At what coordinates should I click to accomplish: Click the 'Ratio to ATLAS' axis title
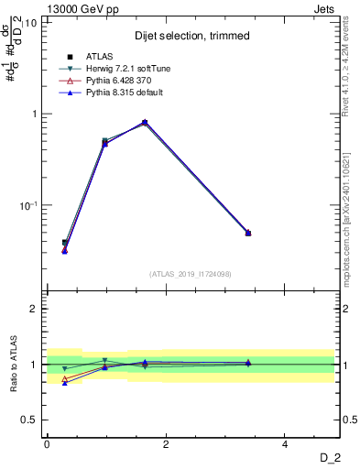point(13,364)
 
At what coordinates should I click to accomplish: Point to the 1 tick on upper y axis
point(34,115)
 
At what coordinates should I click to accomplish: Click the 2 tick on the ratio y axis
point(34,309)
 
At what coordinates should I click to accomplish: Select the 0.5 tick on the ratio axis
point(29,420)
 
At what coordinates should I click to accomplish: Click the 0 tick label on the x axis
point(47,444)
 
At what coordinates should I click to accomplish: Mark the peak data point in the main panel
point(145,122)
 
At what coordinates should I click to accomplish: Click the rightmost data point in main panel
point(247,233)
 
